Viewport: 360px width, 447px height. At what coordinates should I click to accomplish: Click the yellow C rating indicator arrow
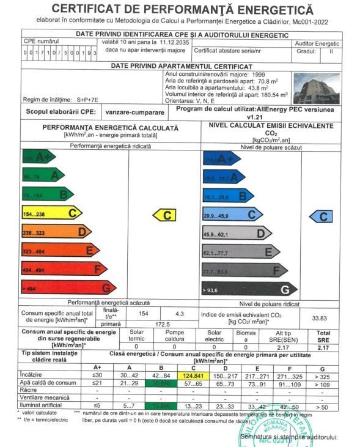164,215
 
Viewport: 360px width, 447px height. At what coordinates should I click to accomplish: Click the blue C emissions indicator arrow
321,216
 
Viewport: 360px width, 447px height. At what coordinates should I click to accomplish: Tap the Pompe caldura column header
175,336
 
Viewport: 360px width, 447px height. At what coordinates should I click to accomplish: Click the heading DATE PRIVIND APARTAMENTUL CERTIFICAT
182,65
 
